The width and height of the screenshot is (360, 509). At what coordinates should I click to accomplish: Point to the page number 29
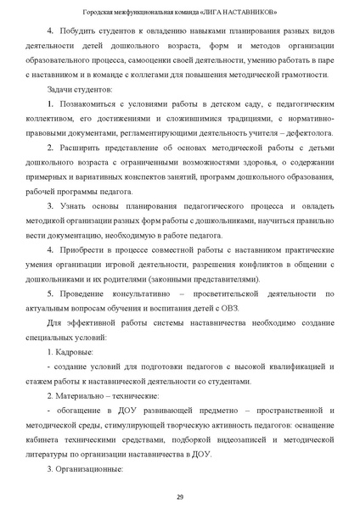click(180, 496)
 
